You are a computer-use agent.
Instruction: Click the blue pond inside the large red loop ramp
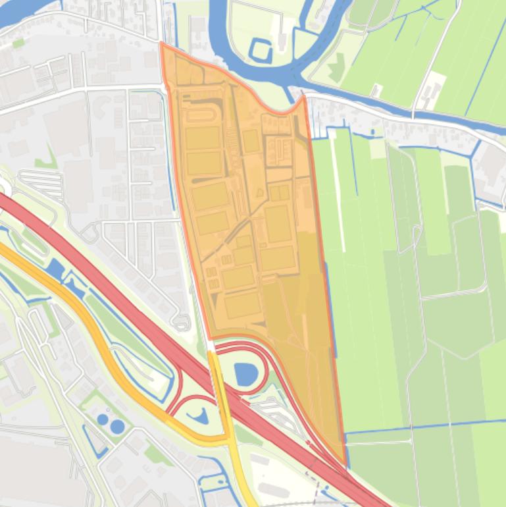pos(245,375)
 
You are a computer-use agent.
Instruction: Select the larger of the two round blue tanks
pos(117,426)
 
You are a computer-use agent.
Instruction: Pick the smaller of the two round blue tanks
pos(103,419)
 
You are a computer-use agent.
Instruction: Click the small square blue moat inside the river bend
pos(261,50)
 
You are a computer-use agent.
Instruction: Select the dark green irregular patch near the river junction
pos(337,66)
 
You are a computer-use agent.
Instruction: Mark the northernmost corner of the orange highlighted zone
pos(161,43)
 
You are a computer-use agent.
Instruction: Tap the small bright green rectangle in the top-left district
pos(18,43)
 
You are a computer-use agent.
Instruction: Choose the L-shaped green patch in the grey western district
pos(47,158)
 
